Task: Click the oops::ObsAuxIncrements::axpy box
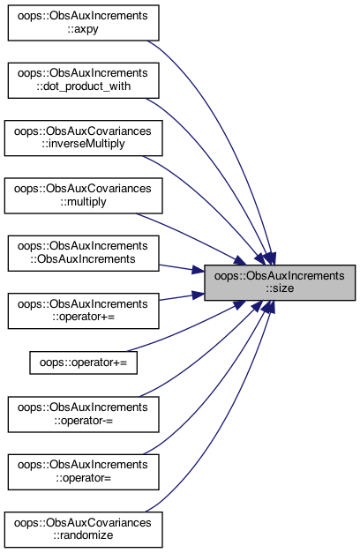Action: pyautogui.click(x=83, y=23)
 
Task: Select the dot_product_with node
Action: pyautogui.click(x=83, y=80)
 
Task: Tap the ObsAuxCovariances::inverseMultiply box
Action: pyautogui.click(x=83, y=138)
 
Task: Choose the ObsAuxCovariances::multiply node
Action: pyautogui.click(x=83, y=196)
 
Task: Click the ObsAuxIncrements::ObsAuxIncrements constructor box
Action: pyautogui.click(x=83, y=253)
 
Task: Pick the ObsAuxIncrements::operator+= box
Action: pyautogui.click(x=83, y=310)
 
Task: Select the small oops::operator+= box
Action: pyautogui.click(x=83, y=362)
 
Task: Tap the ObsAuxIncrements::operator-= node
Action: pyautogui.click(x=83, y=415)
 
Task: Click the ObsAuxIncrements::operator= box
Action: pyautogui.click(x=83, y=472)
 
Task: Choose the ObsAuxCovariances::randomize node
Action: pyautogui.click(x=83, y=530)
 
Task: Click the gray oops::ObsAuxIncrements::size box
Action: pyautogui.click(x=280, y=282)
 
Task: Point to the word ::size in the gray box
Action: pyautogui.click(x=280, y=288)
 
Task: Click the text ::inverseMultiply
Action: pyautogui.click(x=83, y=145)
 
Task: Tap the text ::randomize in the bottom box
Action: pyautogui.click(x=83, y=535)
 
